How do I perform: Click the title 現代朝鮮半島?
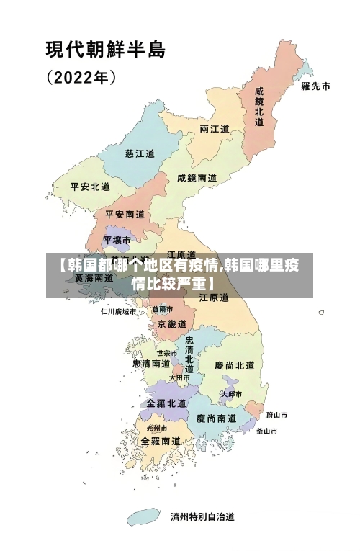pos(106,50)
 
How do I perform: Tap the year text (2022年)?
pos(81,76)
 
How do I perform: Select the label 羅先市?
pos(315,86)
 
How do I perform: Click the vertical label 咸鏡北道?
pos(259,107)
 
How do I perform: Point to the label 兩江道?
pos(215,130)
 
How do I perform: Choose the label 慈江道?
pos(140,153)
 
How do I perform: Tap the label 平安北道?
pos(90,187)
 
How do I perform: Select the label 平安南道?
pos(125,214)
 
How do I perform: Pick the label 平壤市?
pos(117,239)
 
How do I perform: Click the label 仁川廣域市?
pos(118,312)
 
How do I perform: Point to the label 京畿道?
pos(171,325)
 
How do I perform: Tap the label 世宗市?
pos(167,353)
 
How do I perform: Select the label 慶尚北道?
pos(235,366)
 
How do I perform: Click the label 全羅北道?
pos(166,403)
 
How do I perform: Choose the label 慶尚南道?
pos(216,418)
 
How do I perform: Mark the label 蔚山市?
pos(276,416)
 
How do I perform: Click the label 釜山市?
pos(266,431)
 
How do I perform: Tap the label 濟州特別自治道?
pos(202,516)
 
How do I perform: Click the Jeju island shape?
pos(143,516)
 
